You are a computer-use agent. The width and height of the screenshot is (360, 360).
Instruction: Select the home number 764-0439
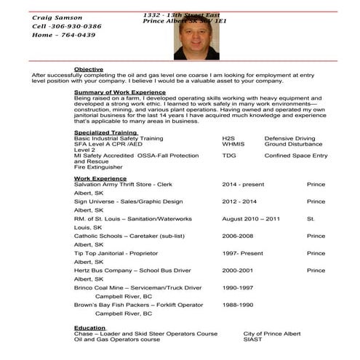(x=76, y=34)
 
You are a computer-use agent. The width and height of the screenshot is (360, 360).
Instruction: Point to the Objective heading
(x=88, y=69)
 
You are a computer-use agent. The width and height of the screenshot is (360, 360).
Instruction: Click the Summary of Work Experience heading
(x=120, y=92)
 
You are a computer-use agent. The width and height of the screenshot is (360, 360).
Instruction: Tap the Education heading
(x=90, y=327)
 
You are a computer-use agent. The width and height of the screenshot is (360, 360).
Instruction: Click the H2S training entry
(x=229, y=137)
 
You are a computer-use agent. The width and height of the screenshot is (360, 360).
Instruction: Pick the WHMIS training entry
(x=233, y=144)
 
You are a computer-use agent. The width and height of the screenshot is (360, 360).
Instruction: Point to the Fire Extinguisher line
(x=101, y=168)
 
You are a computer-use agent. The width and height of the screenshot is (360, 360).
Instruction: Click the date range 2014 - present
(x=244, y=184)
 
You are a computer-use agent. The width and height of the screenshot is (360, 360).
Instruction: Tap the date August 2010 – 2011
(x=251, y=218)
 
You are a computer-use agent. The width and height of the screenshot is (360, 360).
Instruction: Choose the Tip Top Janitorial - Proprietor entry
(x=128, y=253)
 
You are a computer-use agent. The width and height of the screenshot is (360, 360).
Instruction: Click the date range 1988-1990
(x=238, y=305)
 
